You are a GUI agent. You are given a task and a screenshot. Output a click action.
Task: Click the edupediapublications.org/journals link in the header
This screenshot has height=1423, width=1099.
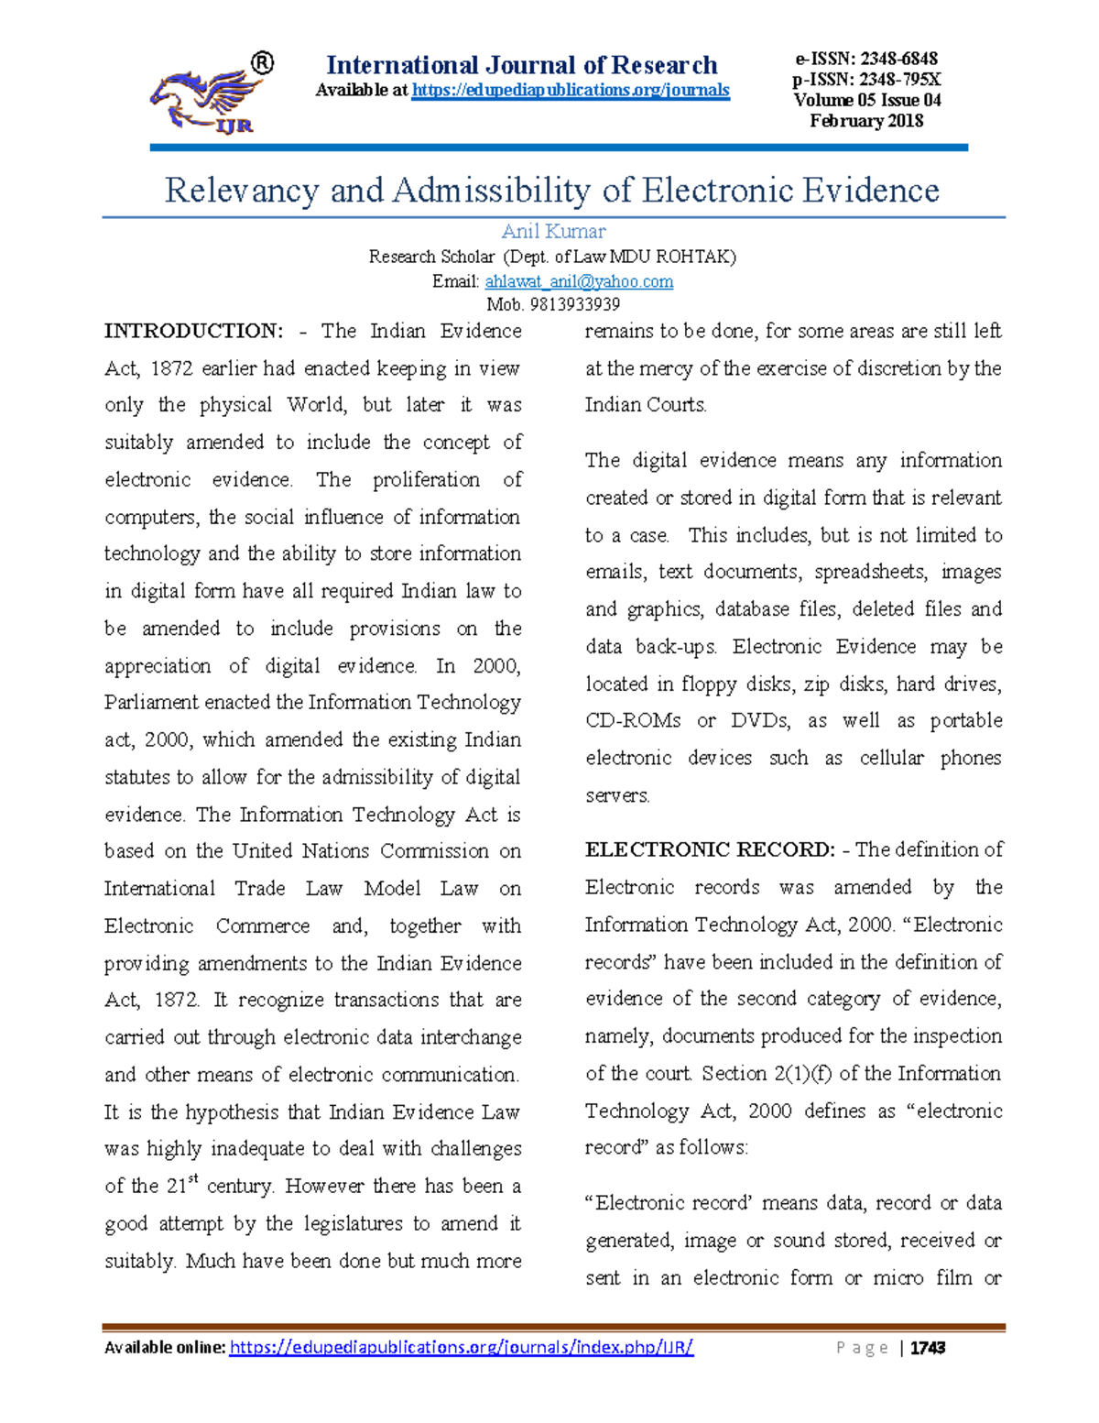click(571, 90)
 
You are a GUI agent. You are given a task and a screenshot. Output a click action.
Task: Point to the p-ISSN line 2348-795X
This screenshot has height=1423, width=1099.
click(866, 80)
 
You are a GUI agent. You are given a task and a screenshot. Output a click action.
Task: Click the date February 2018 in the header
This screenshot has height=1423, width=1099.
click(866, 121)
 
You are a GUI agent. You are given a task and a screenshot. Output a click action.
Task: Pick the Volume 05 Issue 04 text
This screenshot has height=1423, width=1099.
click(866, 100)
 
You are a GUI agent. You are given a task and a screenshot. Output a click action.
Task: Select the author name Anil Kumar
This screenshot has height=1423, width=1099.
click(553, 231)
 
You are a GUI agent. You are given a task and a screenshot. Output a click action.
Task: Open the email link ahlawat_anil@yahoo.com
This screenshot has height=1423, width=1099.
click(579, 281)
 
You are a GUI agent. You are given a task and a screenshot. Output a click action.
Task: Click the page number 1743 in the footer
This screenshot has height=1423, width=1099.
click(928, 1348)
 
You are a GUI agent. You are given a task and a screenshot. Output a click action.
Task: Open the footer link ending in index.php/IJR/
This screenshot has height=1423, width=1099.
click(461, 1347)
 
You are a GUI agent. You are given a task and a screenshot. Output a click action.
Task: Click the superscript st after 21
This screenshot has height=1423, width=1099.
click(192, 1179)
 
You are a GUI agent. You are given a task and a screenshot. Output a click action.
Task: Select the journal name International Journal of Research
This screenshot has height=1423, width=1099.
click(522, 65)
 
